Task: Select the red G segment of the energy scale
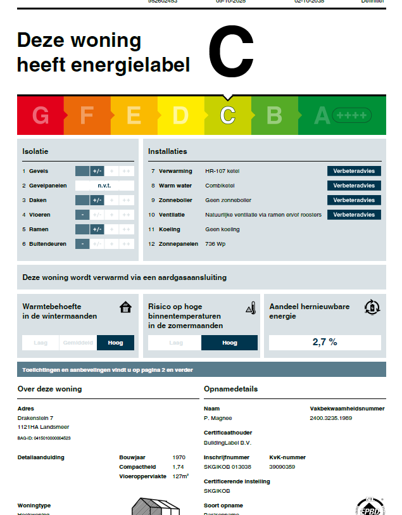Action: [41, 115]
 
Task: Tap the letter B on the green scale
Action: [274, 115]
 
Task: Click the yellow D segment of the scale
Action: [180, 115]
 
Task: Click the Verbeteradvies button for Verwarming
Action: [354, 171]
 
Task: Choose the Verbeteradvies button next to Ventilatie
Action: [354, 215]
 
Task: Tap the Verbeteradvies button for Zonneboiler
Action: [354, 200]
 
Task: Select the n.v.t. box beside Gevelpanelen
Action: [104, 186]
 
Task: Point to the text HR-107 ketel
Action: [222, 171]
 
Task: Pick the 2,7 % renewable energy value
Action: [325, 342]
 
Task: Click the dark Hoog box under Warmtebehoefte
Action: [115, 343]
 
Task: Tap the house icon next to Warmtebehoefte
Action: [125, 308]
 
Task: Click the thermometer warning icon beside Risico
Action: [250, 308]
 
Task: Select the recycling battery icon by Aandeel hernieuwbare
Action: [372, 308]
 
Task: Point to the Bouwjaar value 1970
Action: [179, 457]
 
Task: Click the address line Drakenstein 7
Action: [35, 418]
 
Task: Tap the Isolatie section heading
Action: [35, 151]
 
